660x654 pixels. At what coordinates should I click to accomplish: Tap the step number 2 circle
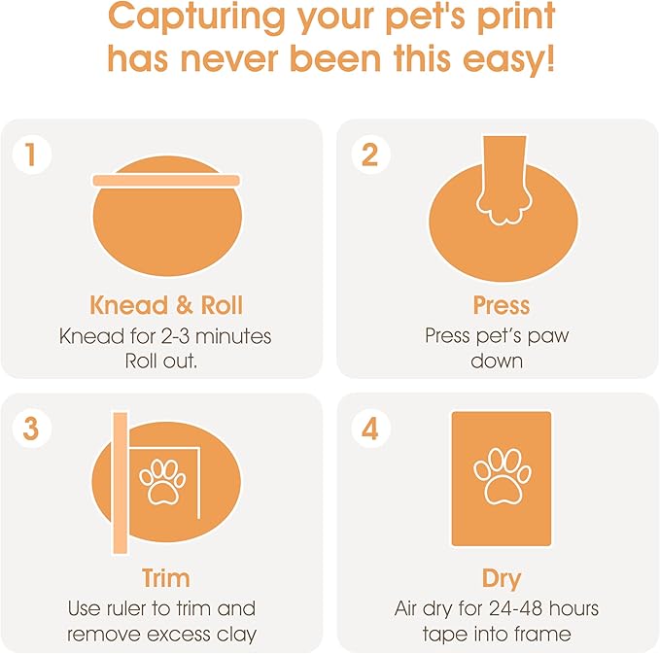click(368, 155)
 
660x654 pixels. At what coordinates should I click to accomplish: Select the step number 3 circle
click(31, 429)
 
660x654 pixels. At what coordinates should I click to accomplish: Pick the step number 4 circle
click(368, 429)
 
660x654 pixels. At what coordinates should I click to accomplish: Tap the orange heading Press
click(501, 305)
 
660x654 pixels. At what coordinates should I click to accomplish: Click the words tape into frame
click(497, 635)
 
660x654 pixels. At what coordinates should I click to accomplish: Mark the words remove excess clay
click(161, 635)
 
